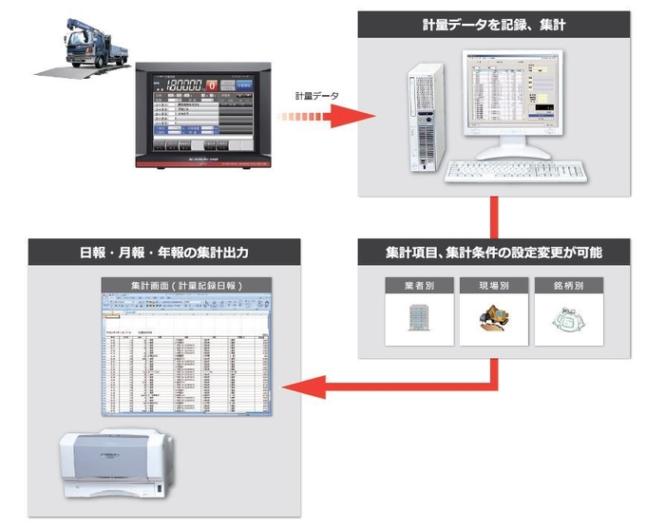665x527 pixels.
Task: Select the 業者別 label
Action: (x=413, y=286)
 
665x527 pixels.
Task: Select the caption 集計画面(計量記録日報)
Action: (x=187, y=285)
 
